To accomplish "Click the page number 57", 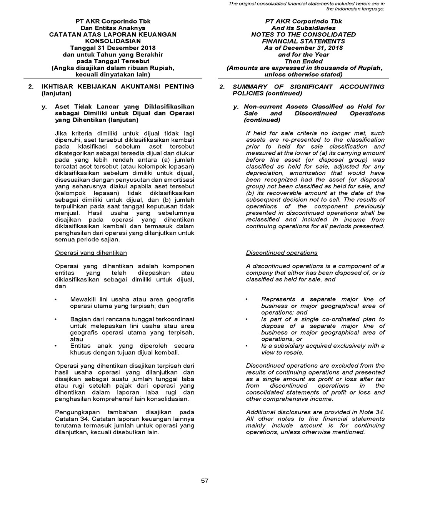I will click(205, 481).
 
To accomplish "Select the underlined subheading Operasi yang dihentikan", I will click(91, 253).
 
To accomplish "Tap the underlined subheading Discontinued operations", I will click(282, 253).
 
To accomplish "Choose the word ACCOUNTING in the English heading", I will click(362, 87).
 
